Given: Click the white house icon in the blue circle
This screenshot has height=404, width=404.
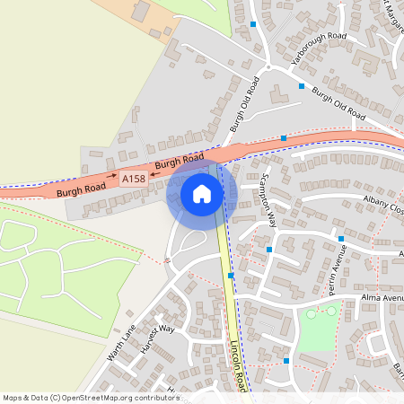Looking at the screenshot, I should coord(202,194).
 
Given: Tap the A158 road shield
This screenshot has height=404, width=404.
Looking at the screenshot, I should coord(133,180).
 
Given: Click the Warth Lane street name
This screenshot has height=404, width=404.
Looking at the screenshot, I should coord(120,342).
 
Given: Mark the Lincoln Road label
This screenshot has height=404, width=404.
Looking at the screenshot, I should coord(237,369).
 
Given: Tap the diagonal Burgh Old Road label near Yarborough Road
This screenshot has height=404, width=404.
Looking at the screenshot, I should coord(338,103).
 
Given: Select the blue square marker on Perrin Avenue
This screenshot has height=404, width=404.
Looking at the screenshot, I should coord(341,239).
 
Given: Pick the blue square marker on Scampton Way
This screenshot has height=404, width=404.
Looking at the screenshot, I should coord(269,250).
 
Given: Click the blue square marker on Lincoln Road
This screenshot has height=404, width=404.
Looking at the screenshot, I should coord(231,276).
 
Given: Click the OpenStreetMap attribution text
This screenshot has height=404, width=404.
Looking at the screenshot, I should coord(91,398).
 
